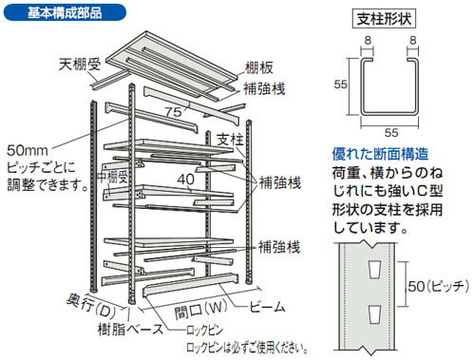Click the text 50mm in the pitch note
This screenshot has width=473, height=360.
tap(28, 150)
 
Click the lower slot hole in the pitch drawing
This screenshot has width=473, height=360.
tap(376, 313)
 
